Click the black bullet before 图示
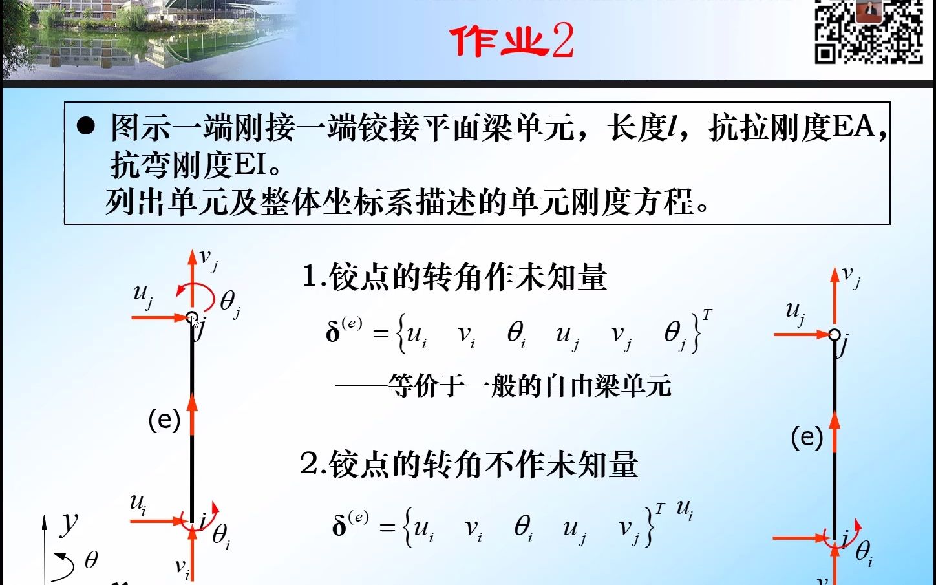pos(86,125)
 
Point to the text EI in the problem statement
pos(250,165)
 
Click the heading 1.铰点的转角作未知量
pos(454,277)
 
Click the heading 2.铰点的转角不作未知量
pos(469,464)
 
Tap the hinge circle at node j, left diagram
pos(192,317)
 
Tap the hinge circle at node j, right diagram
pos(835,334)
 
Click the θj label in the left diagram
pos(229,302)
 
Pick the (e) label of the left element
pos(164,420)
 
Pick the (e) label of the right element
pos(807,438)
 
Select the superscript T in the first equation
pos(707,315)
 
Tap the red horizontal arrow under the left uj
pos(158,317)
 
